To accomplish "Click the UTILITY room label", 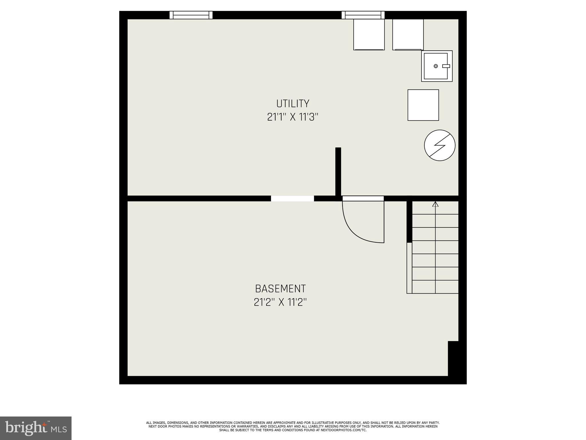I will (292, 103).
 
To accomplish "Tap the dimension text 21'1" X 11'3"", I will (292, 117).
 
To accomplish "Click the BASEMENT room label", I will (280, 289).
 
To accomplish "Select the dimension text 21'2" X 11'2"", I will (280, 302).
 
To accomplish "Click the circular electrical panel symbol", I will (439, 145).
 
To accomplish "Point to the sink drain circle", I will (435, 66).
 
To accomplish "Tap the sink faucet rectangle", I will (446, 66).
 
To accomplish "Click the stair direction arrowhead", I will (435, 204).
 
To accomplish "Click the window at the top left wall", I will (191, 15).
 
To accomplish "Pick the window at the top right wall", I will (363, 15).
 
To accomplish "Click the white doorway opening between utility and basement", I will (292, 198).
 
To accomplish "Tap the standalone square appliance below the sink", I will (423, 105).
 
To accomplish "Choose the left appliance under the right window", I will (369, 34).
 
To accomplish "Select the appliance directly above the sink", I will (408, 34).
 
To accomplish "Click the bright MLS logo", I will (36, 428).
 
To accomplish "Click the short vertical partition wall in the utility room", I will (338, 172).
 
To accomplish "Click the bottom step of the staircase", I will (435, 287).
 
